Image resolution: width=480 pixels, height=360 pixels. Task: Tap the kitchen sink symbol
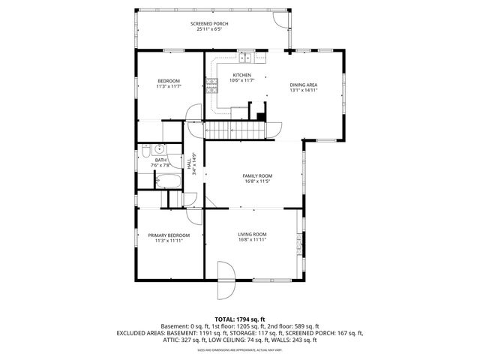pyautogui.click(x=247, y=55)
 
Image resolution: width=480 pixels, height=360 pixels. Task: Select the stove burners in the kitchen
pyautogui.click(x=212, y=85)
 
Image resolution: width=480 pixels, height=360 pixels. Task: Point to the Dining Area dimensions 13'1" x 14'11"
pyautogui.click(x=304, y=91)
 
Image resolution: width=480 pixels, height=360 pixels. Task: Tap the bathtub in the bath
pyautogui.click(x=167, y=179)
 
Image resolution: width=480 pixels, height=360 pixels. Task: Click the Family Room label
pyautogui.click(x=256, y=175)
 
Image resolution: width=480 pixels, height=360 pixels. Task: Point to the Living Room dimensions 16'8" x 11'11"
pyautogui.click(x=252, y=240)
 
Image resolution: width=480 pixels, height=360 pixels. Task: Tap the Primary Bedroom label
pyautogui.click(x=163, y=235)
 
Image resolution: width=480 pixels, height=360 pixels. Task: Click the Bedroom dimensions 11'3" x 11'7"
pyautogui.click(x=168, y=87)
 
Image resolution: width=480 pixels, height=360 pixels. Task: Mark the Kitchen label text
pyautogui.click(x=241, y=75)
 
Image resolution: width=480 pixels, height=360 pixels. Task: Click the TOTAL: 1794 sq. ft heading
pyautogui.click(x=239, y=319)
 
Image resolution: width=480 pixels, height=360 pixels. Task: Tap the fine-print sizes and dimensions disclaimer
pyautogui.click(x=239, y=349)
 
